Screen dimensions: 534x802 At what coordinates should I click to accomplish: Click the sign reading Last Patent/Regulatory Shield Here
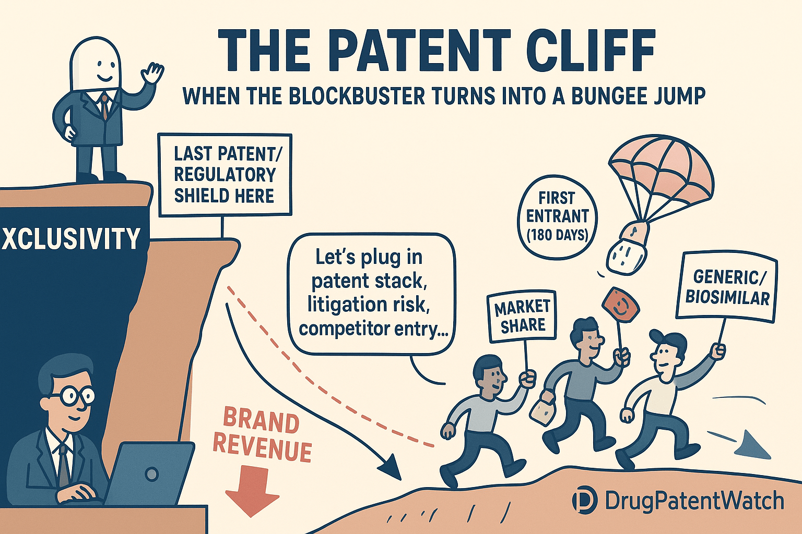(225, 175)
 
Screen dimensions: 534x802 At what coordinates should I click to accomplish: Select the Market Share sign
(521, 317)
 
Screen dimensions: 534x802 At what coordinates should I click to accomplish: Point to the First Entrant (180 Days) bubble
(557, 216)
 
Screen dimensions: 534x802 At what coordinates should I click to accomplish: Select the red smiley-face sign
(620, 305)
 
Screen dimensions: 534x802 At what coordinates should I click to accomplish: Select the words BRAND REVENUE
(261, 436)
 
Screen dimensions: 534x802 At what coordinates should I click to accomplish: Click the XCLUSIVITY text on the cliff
(71, 238)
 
